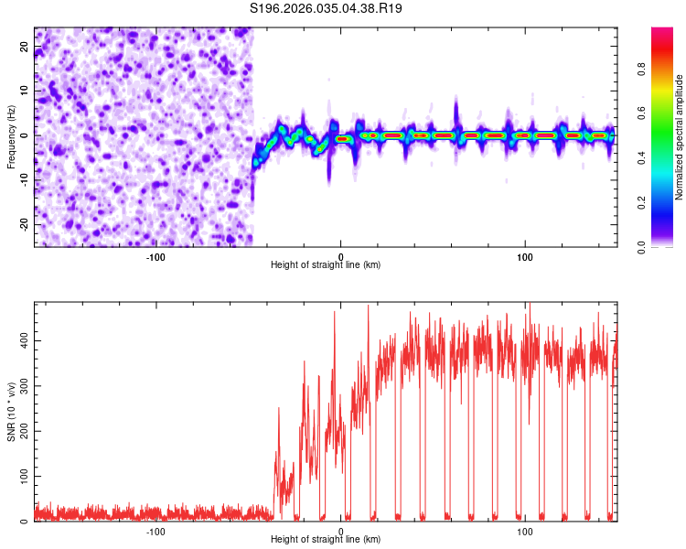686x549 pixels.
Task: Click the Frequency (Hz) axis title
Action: pos(11,137)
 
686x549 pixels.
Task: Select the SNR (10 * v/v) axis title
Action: pos(11,412)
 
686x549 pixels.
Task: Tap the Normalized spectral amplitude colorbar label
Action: pos(679,137)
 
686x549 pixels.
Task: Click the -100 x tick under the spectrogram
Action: pos(155,256)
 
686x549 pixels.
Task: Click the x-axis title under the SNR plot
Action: pos(326,540)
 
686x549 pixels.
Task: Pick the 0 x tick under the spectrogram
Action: pos(340,256)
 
